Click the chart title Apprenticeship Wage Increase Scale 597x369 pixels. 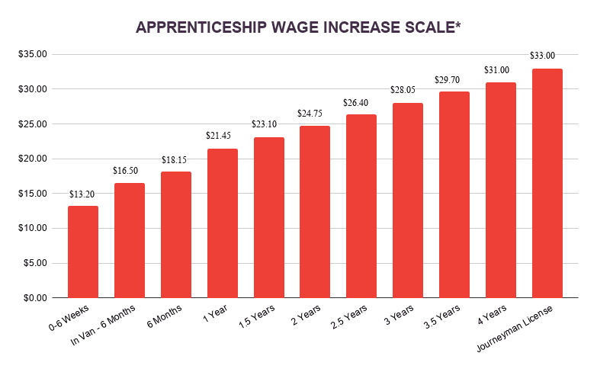pyautogui.click(x=298, y=27)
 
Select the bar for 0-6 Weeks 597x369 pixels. pyautogui.click(x=83, y=252)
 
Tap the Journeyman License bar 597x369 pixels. pyautogui.click(x=547, y=183)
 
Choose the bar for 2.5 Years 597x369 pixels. pyautogui.click(x=361, y=206)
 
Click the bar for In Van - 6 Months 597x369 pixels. pyautogui.click(x=130, y=240)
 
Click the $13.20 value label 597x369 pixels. pyautogui.click(x=83, y=194)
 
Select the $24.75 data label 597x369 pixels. pyautogui.click(x=315, y=113)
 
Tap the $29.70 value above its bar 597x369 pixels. pyautogui.click(x=454, y=79)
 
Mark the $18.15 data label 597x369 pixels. pyautogui.click(x=175, y=159)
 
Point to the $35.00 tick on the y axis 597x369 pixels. pyautogui.click(x=33, y=54)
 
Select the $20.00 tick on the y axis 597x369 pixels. pyautogui.click(x=33, y=159)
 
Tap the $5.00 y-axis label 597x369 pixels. pyautogui.click(x=35, y=263)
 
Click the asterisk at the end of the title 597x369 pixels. pyautogui.click(x=457, y=24)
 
